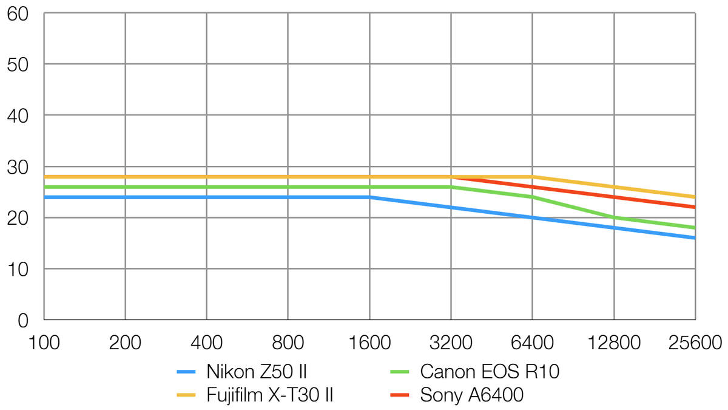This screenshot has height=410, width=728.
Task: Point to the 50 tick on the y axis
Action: point(18,64)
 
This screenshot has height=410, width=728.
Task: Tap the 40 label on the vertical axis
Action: point(18,115)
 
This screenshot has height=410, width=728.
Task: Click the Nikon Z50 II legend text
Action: point(260,371)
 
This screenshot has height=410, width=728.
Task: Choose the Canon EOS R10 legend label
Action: point(489,371)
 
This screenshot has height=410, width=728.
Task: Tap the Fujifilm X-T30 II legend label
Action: point(270,395)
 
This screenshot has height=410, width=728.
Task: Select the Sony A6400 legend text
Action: point(471,395)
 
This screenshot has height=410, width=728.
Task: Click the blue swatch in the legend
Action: point(186,372)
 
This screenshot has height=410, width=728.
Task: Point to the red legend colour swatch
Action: point(400,396)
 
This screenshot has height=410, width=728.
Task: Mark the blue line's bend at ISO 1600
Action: point(369,197)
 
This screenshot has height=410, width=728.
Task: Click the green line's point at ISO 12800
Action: point(614,217)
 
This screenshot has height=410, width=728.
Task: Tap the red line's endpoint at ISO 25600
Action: point(694,207)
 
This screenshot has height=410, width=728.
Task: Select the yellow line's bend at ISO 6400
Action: point(532,177)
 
